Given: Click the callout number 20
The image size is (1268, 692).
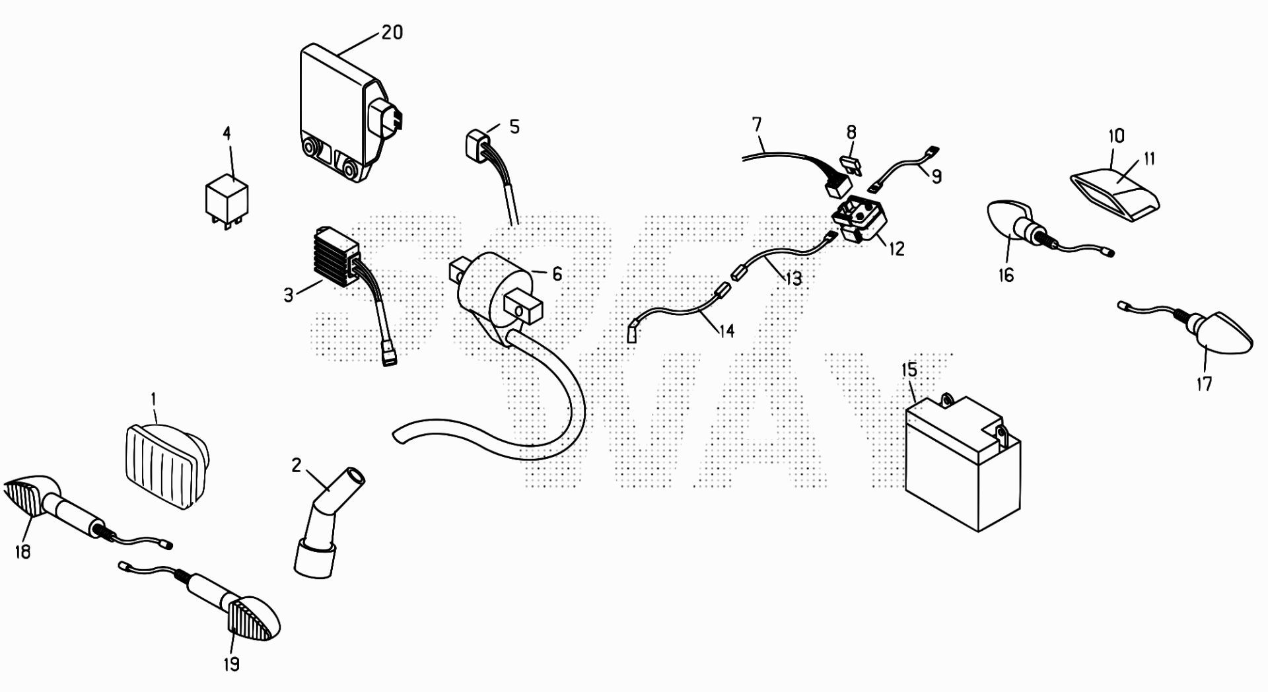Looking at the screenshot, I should tap(392, 32).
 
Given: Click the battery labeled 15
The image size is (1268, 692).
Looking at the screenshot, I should tap(961, 462).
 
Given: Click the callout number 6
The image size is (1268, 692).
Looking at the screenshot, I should tap(557, 273).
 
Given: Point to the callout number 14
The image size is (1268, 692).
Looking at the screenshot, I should tap(726, 330).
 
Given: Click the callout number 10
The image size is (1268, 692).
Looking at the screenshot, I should tap(1115, 137).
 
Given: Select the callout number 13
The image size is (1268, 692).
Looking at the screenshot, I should tap(792, 279).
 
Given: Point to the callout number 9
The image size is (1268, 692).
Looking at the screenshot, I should tap(936, 176).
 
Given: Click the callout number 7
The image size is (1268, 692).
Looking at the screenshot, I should tap(756, 124).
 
